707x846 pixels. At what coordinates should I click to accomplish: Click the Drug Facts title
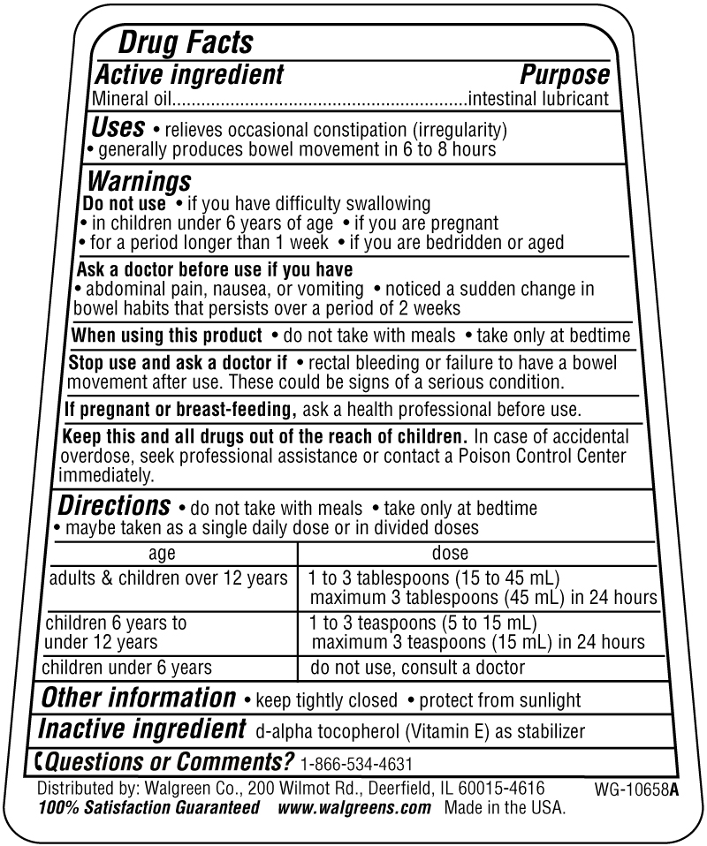point(186,42)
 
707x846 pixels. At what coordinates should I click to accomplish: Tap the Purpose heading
point(564,74)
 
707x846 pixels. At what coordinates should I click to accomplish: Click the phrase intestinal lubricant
point(538,98)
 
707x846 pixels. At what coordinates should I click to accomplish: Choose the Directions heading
point(114,506)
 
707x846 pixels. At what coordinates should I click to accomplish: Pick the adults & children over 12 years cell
point(168,578)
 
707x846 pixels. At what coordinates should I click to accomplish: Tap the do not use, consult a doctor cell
point(417,667)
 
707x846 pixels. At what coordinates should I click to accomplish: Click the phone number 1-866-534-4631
point(356,764)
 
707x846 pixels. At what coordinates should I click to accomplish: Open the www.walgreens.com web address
point(353,807)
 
